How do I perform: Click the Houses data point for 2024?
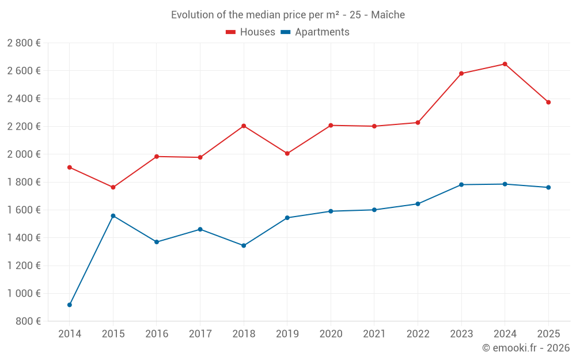(x=505, y=64)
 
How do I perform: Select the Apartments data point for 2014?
(x=70, y=305)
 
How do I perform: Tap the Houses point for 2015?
(x=113, y=187)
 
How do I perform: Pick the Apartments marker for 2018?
(x=244, y=245)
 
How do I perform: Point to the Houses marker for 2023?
(x=461, y=73)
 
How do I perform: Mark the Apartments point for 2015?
(x=113, y=215)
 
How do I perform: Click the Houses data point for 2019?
(x=287, y=153)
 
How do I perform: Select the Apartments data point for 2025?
(x=548, y=187)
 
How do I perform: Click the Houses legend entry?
(x=251, y=32)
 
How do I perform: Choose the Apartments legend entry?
(x=315, y=32)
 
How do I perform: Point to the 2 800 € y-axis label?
(x=24, y=43)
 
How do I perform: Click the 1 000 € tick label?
(x=24, y=293)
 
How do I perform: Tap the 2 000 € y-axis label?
(x=24, y=154)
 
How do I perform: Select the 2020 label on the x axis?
(x=331, y=334)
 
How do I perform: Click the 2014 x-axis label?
(x=70, y=334)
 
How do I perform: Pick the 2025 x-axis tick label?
(x=548, y=334)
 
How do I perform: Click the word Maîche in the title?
(x=388, y=15)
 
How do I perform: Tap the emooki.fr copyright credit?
(x=526, y=348)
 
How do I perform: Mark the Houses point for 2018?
(x=244, y=126)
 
